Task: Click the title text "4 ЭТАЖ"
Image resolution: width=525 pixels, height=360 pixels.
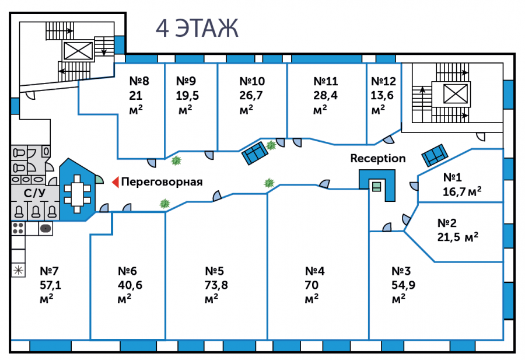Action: pyautogui.click(x=197, y=27)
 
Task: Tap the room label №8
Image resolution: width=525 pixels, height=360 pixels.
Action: pyautogui.click(x=139, y=81)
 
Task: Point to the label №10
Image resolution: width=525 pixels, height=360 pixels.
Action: pyautogui.click(x=252, y=81)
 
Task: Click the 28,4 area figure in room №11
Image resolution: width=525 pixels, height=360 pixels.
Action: pyautogui.click(x=325, y=96)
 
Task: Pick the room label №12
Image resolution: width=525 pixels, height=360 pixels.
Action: pyautogui.click(x=383, y=81)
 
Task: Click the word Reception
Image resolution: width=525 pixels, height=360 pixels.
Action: pyautogui.click(x=378, y=158)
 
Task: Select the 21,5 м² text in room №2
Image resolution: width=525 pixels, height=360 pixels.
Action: pyautogui.click(x=458, y=236)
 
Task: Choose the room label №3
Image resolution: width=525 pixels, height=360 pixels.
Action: pyautogui.click(x=401, y=271)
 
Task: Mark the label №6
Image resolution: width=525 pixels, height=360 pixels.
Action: pyautogui.click(x=127, y=271)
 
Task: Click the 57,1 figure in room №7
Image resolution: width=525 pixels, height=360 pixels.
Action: pyautogui.click(x=50, y=285)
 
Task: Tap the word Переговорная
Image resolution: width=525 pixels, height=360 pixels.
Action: pyautogui.click(x=162, y=182)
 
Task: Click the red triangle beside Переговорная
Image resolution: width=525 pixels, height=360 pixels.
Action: pyautogui.click(x=116, y=182)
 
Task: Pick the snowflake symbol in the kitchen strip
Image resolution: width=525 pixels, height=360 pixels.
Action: pyautogui.click(x=18, y=270)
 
